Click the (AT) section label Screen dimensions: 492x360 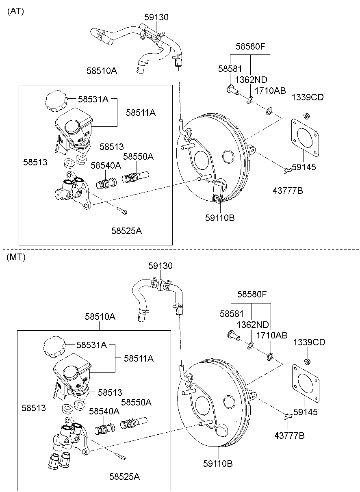[16, 11]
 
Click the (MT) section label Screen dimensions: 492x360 [16, 257]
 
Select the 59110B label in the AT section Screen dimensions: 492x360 [220, 218]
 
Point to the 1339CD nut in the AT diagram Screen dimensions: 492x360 [307, 115]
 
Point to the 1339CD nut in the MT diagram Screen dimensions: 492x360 [308, 361]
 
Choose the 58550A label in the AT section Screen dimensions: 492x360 [138, 156]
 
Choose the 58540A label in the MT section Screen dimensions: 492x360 [104, 411]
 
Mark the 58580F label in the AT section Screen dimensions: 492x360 [250, 47]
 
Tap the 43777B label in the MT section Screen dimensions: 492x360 [289, 436]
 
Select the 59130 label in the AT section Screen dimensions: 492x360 [156, 17]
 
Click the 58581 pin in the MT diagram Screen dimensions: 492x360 [233, 335]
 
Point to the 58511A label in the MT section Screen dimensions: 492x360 [139, 358]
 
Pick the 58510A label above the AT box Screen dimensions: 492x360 [102, 71]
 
